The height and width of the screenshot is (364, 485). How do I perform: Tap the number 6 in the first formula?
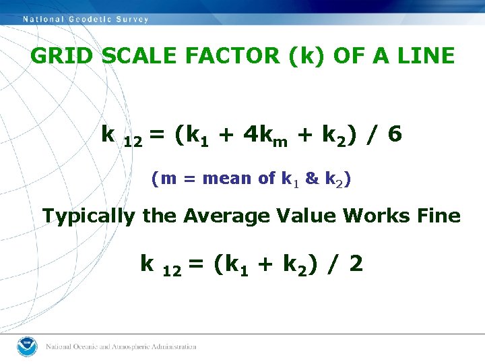(x=395, y=135)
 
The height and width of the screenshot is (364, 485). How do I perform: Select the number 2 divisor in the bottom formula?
(x=356, y=263)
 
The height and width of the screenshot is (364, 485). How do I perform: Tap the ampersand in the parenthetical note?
(x=312, y=179)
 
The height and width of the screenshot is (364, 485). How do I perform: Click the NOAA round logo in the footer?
(x=26, y=346)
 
